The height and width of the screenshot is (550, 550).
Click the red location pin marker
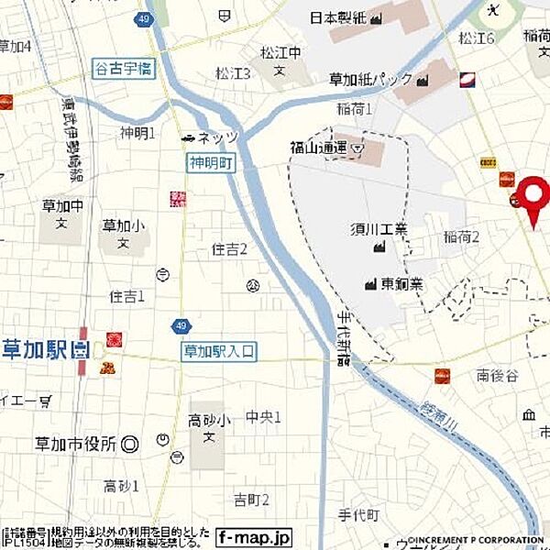pos(531,198)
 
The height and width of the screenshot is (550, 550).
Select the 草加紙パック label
pos(371,80)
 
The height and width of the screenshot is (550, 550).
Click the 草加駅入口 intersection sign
pos(219,350)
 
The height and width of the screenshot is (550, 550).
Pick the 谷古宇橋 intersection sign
pos(121,68)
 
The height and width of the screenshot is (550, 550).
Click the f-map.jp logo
pos(254,537)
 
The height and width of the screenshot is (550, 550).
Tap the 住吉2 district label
pos(229,249)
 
